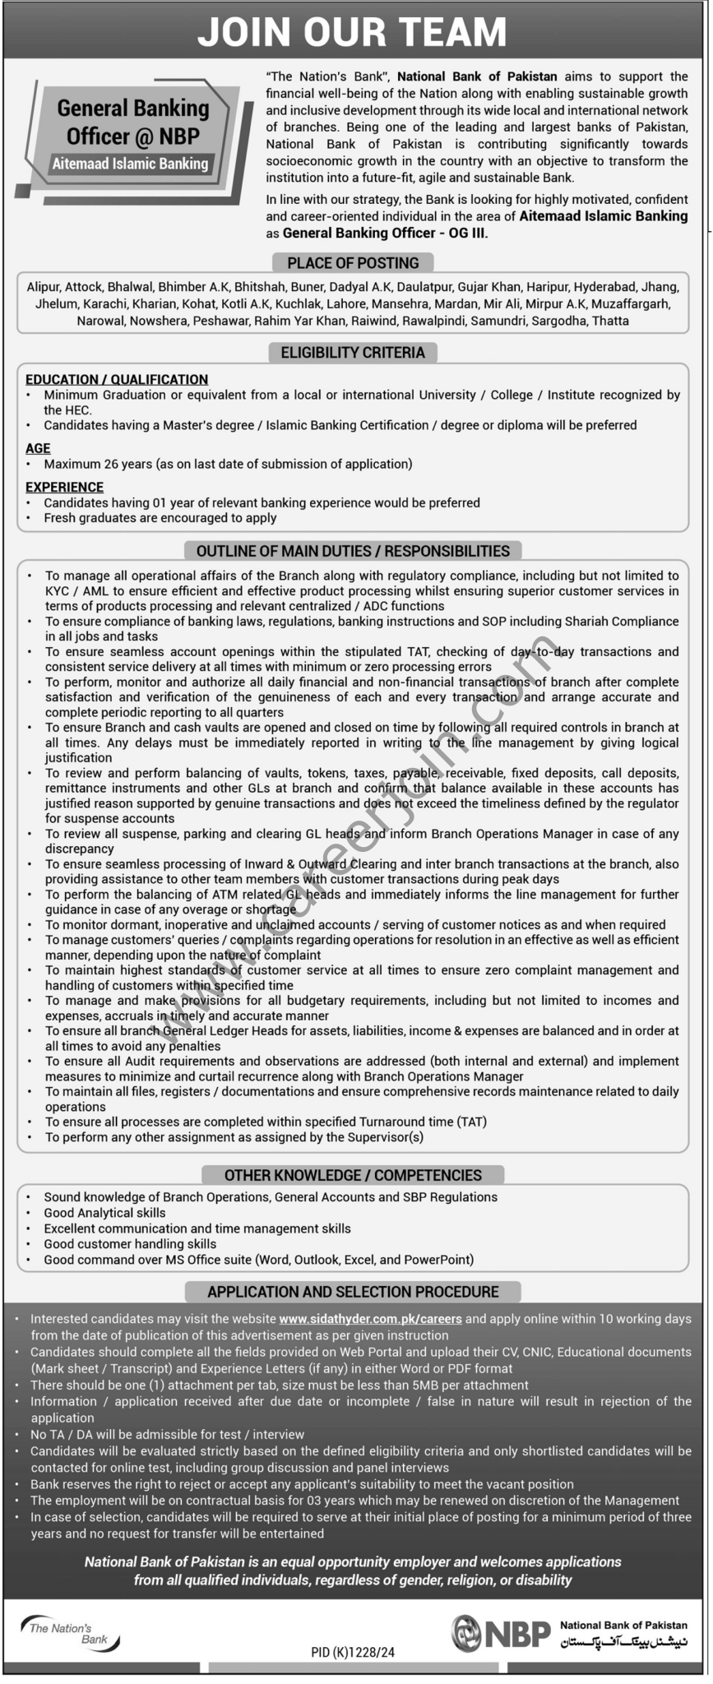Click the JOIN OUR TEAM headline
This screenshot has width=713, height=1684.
pyautogui.click(x=352, y=33)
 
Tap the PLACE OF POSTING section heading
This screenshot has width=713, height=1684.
pyautogui.click(x=353, y=263)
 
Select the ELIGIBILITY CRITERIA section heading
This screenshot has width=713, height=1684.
pyautogui.click(x=353, y=353)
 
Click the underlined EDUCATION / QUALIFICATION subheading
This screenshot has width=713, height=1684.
pyautogui.click(x=117, y=380)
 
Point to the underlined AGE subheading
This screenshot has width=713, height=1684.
pyautogui.click(x=38, y=448)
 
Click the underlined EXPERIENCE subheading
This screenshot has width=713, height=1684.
pyautogui.click(x=64, y=488)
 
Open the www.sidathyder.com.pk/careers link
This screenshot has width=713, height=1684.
pyautogui.click(x=370, y=1319)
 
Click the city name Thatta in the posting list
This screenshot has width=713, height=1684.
pyautogui.click(x=610, y=321)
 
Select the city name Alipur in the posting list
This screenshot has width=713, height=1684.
pyautogui.click(x=43, y=287)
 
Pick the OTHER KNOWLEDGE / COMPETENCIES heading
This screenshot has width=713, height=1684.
pyautogui.click(x=353, y=1175)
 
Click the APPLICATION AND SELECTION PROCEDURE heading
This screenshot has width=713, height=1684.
pyautogui.click(x=353, y=1292)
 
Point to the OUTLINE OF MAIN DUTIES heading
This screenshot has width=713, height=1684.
pyautogui.click(x=353, y=551)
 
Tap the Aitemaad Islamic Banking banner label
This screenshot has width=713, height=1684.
pyautogui.click(x=130, y=164)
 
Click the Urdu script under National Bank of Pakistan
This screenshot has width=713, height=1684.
pyautogui.click(x=623, y=1642)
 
